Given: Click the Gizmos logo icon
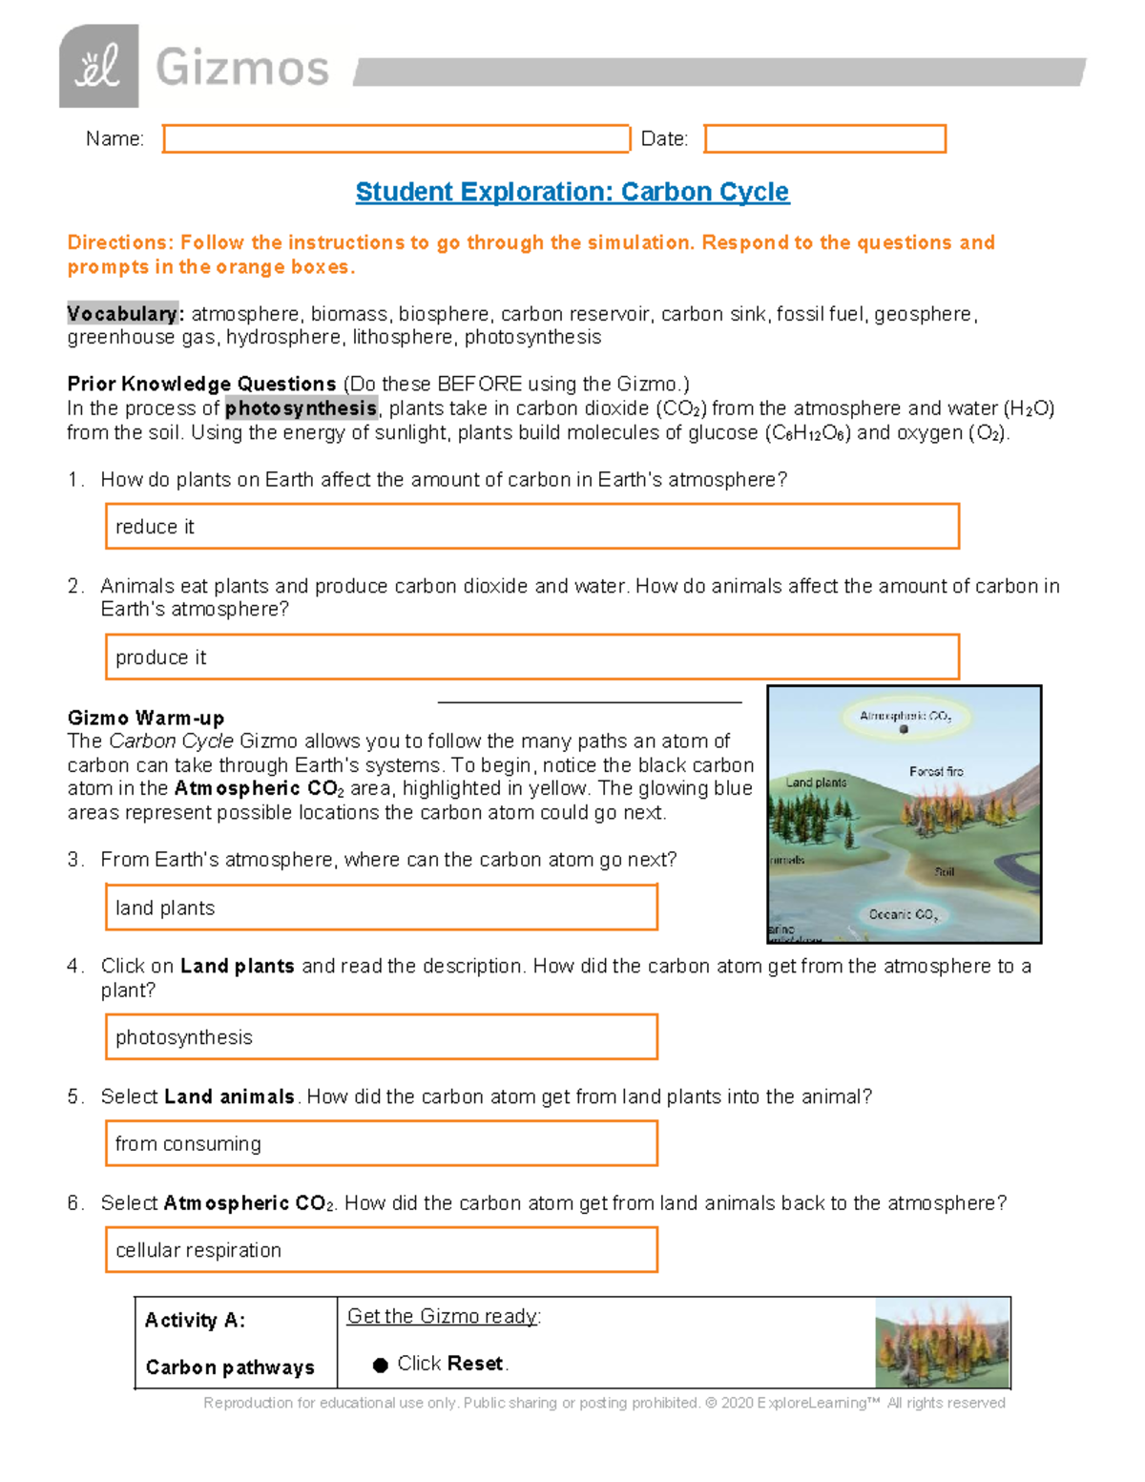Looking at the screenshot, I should click(98, 67).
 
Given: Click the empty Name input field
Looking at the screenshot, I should click(396, 139).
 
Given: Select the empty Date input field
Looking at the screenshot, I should click(824, 139).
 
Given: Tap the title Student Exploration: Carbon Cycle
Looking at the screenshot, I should click(572, 192).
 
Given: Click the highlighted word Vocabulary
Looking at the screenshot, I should click(122, 314).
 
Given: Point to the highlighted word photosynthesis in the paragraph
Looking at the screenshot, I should click(301, 408).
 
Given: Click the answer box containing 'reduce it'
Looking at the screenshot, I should click(531, 527).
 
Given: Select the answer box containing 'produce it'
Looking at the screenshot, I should click(531, 658).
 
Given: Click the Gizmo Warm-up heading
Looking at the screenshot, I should click(146, 718).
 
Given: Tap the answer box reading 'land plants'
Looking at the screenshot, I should click(381, 908).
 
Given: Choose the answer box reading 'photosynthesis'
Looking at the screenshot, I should click(381, 1037).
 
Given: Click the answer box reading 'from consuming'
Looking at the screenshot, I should click(381, 1143).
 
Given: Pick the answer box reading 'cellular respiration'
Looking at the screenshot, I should click(381, 1250).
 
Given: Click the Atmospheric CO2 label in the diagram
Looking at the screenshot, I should click(905, 716).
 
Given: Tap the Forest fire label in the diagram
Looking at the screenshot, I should click(936, 771).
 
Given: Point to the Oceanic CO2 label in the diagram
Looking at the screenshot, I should click(903, 914).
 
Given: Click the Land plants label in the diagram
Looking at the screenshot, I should click(816, 783).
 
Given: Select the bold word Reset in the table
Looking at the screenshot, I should click(475, 1364).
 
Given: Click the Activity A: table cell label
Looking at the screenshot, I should click(195, 1321).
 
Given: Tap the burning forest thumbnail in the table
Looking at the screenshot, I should click(942, 1344).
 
